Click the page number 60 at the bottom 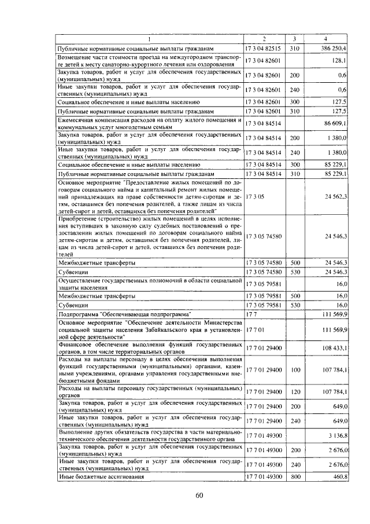(x=199, y=495)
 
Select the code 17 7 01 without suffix (x=255, y=329)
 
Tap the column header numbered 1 (x=149, y=39)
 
